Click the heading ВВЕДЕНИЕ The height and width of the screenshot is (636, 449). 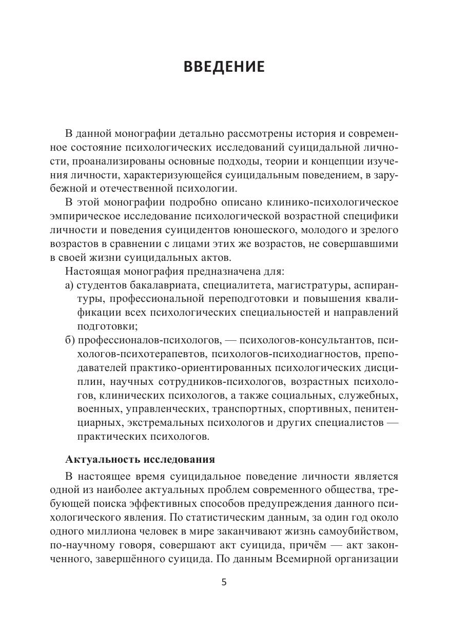coord(224,67)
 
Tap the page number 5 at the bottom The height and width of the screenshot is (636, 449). coord(224,582)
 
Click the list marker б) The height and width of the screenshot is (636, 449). coord(70,340)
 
